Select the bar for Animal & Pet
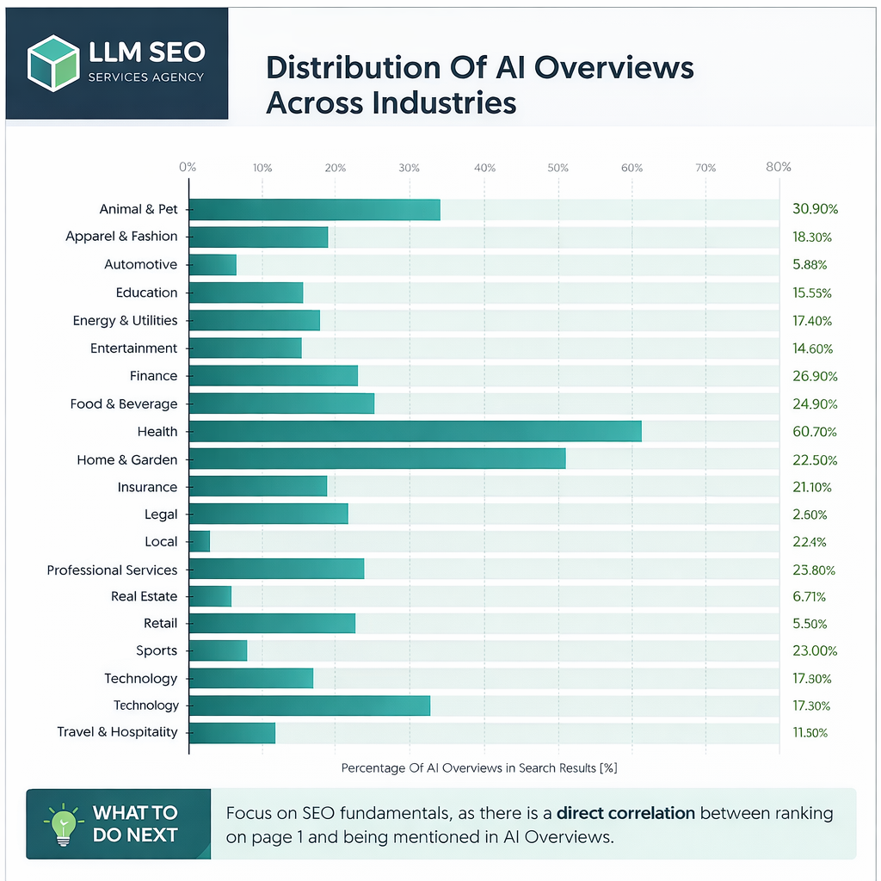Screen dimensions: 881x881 point(314,209)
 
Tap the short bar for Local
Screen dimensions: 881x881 point(199,541)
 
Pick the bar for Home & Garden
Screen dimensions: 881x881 point(377,459)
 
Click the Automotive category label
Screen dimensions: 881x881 point(140,264)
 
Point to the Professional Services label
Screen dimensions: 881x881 point(112,570)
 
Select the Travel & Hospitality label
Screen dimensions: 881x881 point(117,732)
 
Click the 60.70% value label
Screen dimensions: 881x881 point(815,432)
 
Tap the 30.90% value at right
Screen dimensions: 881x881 point(815,209)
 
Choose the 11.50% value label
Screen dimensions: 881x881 point(810,733)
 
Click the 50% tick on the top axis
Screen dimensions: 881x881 point(558,168)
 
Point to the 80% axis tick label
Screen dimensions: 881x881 point(778,167)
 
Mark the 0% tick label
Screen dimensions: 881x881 point(188,167)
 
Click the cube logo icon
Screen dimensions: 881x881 point(53,63)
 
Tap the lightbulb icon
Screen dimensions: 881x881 point(61,824)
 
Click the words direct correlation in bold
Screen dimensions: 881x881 point(625,812)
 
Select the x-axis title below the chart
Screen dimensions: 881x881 point(479,767)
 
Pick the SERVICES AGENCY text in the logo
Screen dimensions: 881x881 point(146,77)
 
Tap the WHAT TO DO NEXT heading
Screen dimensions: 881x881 point(135,823)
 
